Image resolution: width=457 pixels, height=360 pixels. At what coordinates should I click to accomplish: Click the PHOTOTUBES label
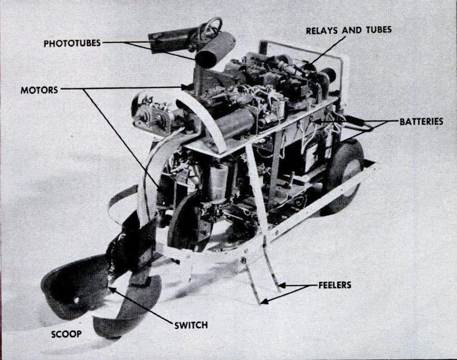click(72, 43)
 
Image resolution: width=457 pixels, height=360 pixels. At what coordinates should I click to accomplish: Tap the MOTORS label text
click(39, 90)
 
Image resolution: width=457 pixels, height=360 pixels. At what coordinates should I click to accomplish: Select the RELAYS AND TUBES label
click(348, 30)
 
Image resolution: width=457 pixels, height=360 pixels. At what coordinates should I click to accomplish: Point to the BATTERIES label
click(421, 121)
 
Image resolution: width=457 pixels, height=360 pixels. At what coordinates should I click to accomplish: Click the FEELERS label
click(335, 285)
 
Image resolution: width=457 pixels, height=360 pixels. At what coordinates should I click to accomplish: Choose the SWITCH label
click(191, 325)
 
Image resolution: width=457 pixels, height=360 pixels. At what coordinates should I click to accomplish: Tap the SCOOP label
click(67, 334)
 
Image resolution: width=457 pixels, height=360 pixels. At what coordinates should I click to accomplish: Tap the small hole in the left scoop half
click(77, 300)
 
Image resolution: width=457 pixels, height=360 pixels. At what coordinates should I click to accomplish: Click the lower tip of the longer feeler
click(260, 303)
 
